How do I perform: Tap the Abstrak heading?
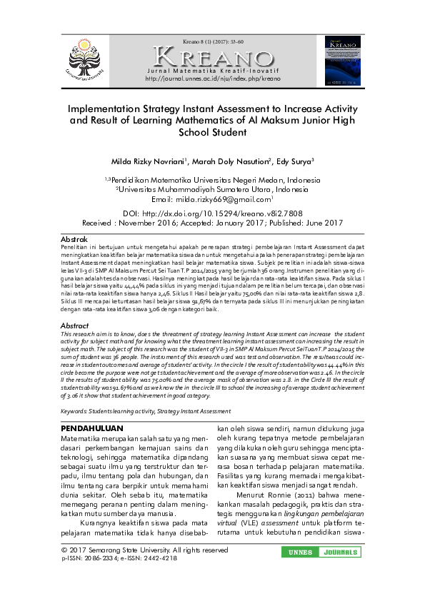tap(74, 238)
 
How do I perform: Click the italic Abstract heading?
tap(75, 325)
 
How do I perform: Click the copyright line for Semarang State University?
tap(144, 550)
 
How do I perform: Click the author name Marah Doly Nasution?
tap(231, 161)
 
